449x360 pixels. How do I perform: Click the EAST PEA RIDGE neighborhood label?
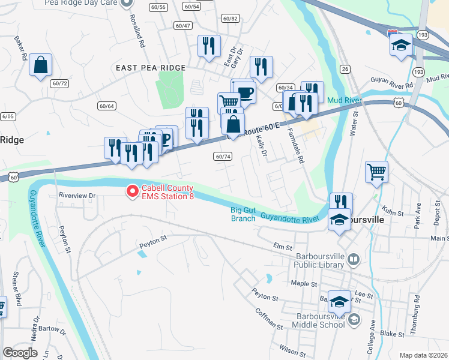(x=151, y=68)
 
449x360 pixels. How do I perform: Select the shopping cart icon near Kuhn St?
(x=376, y=172)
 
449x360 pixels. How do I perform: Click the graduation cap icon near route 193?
(x=400, y=46)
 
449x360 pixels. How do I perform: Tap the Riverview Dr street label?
(x=77, y=196)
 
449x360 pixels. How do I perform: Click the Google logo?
(x=20, y=352)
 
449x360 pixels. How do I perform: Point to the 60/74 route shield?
(x=222, y=156)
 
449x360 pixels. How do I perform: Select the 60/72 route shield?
(x=59, y=83)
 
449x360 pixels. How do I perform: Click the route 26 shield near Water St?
(x=345, y=69)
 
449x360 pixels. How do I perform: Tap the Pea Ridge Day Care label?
(x=81, y=3)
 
